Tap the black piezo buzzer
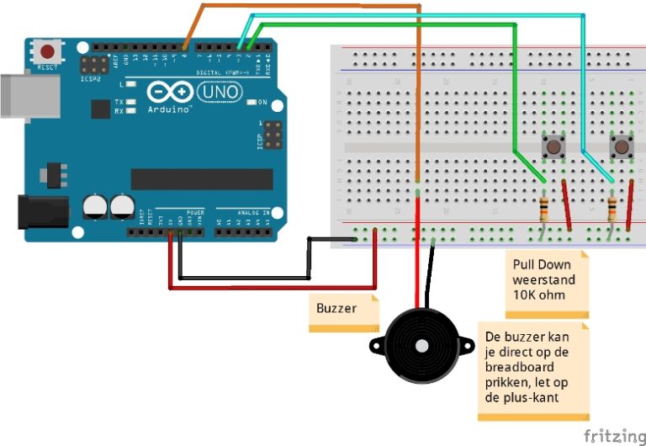tap(419, 345)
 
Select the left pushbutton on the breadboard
tap(553, 148)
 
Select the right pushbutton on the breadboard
tap(621, 148)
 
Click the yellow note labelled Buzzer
tap(337, 309)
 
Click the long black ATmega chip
tap(202, 178)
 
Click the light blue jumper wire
tap(421, 15)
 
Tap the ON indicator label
tap(262, 103)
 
